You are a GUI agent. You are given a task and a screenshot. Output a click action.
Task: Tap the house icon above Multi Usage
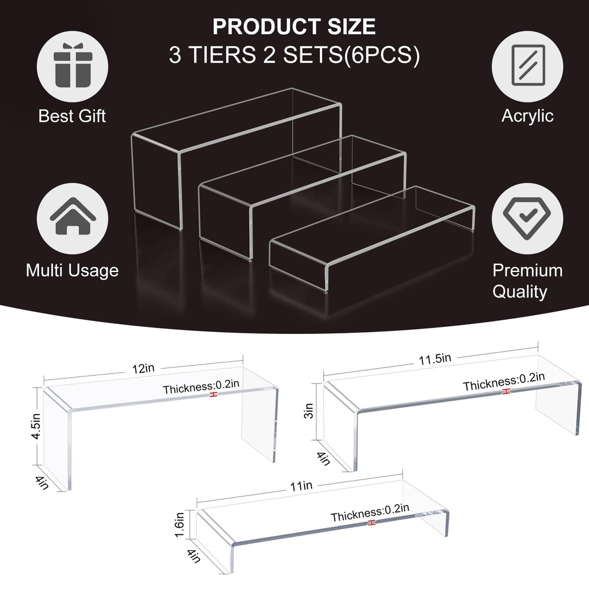[x=72, y=217]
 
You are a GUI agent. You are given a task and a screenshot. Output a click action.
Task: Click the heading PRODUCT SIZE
[x=294, y=27]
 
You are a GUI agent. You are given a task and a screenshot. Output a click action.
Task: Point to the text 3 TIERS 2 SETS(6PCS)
[x=294, y=56]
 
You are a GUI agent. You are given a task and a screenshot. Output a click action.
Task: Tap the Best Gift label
[x=72, y=115]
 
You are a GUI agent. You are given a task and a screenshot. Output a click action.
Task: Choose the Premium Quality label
[x=527, y=281]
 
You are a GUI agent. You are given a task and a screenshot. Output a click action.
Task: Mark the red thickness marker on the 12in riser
[x=213, y=396]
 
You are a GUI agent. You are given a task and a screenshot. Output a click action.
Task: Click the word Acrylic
[x=527, y=115]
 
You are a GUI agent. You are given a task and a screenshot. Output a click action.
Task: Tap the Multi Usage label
[x=72, y=270]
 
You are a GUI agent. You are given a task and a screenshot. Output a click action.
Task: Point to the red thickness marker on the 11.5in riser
[x=506, y=392]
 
